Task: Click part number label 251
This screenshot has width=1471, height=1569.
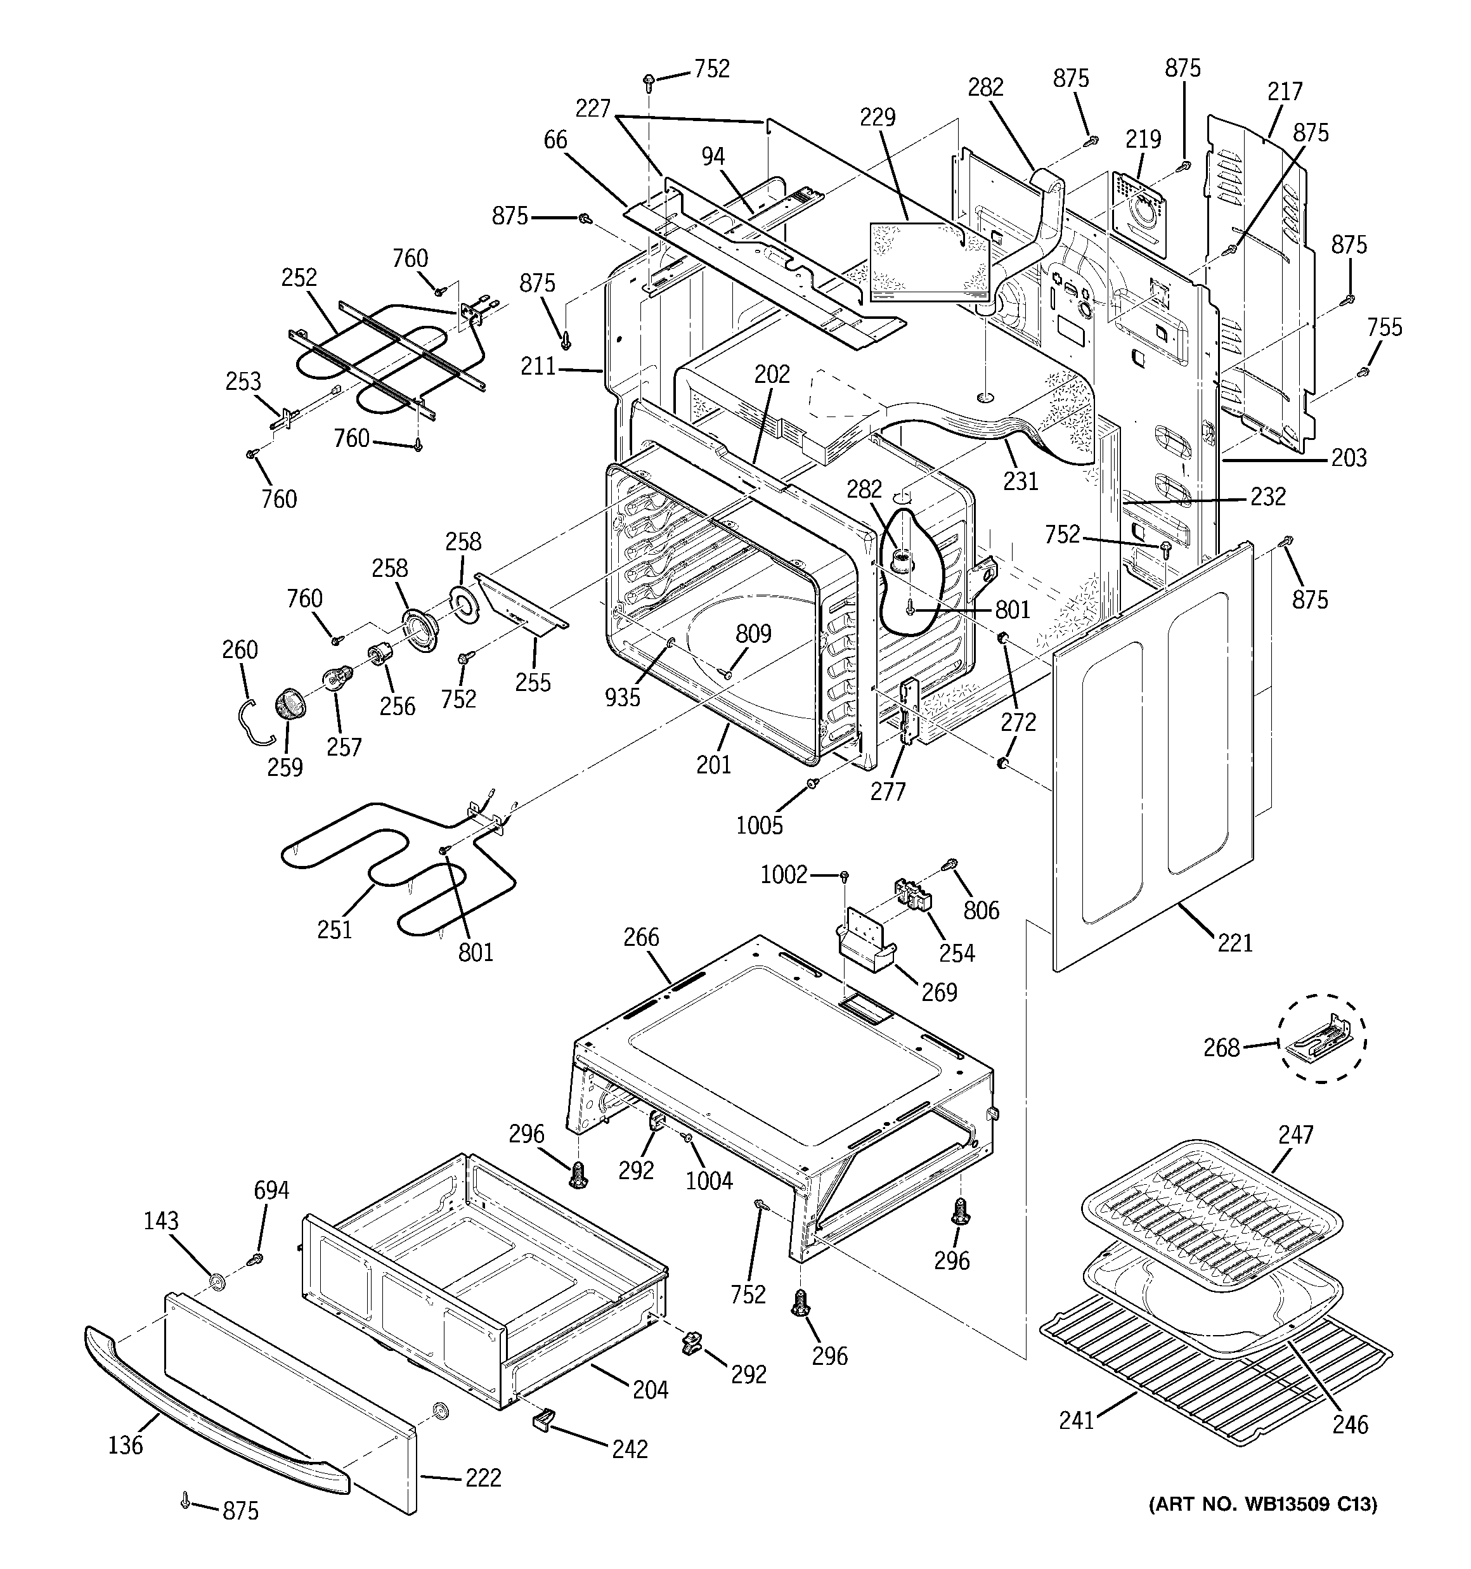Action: point(334,930)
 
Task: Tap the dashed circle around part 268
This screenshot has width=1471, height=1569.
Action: point(1322,1038)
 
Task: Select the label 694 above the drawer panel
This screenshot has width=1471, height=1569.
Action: point(271,1190)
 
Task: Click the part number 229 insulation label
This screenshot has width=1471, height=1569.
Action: point(878,118)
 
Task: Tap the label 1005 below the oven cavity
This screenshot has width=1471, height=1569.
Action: point(759,825)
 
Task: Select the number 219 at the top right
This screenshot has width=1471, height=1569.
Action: point(1143,139)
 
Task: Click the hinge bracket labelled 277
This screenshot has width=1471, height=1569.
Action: point(909,710)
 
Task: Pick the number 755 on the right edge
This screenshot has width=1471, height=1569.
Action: point(1384,328)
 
